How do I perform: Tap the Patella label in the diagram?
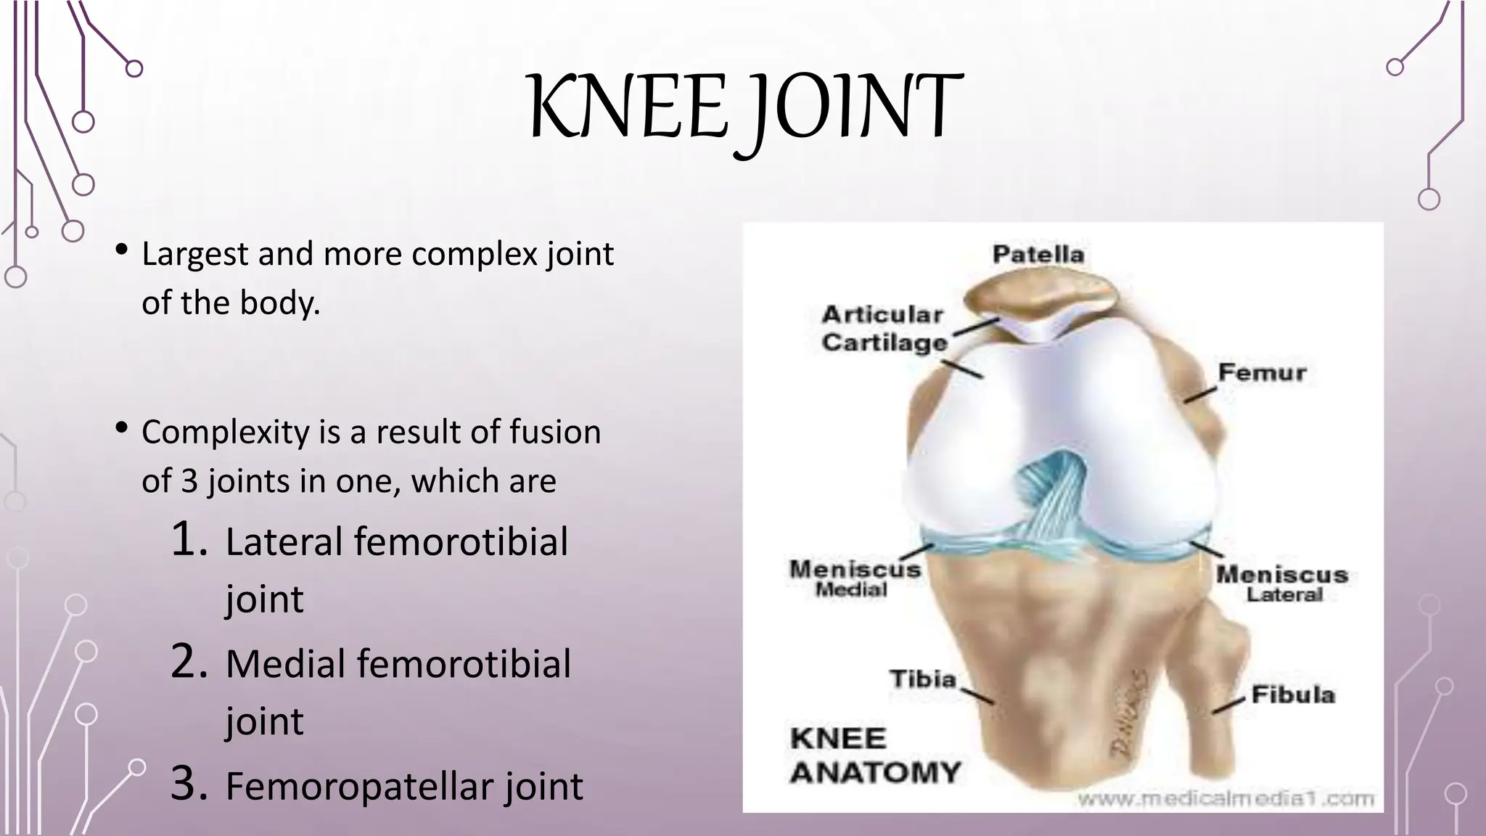click(1038, 255)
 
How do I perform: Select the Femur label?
click(1262, 373)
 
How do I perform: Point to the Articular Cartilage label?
click(884, 329)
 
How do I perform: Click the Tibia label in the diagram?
click(923, 679)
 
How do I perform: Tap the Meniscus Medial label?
click(854, 578)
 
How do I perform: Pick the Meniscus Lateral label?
click(1282, 583)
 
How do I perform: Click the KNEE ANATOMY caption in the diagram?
click(874, 755)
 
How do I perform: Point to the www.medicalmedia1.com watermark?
click(1225, 800)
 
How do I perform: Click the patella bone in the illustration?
click(1038, 298)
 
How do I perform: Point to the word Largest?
click(194, 255)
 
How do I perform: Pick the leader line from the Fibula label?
click(1229, 706)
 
